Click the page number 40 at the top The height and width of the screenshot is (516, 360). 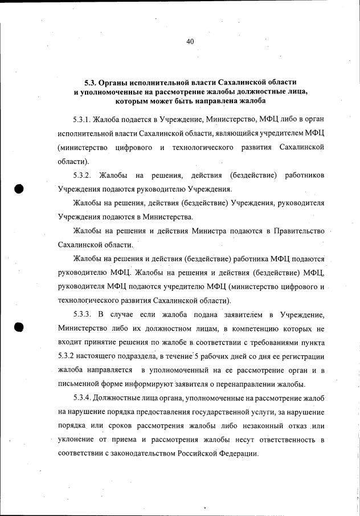click(x=191, y=41)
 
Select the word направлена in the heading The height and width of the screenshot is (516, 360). click(x=218, y=101)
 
